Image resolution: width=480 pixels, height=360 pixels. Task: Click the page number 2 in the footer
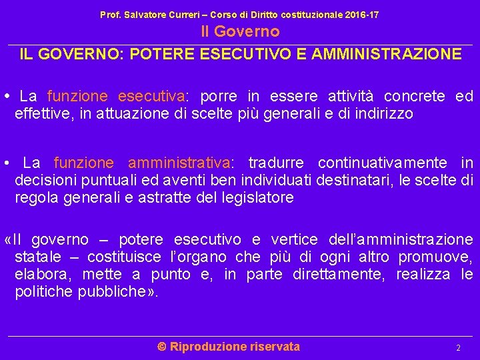click(x=458, y=348)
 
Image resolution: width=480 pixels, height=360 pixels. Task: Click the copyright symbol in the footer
click(x=161, y=346)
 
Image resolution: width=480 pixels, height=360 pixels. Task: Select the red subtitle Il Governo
click(x=240, y=31)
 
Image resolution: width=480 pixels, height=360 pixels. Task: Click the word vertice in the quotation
click(x=294, y=239)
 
